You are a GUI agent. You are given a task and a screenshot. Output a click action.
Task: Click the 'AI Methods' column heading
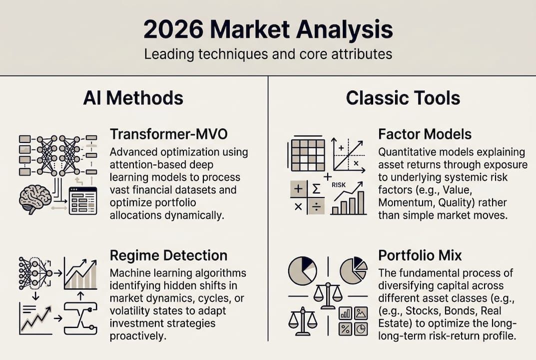click(x=133, y=98)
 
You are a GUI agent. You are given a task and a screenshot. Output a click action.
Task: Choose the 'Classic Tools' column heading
click(x=403, y=98)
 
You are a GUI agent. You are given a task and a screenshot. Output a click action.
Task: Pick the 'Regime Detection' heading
click(x=168, y=255)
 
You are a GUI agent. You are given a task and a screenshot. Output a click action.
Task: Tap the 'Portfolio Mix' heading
click(x=420, y=255)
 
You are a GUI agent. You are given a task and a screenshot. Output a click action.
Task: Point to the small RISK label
click(x=338, y=184)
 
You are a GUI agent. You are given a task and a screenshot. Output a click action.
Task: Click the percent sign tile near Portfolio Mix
click(x=345, y=328)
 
